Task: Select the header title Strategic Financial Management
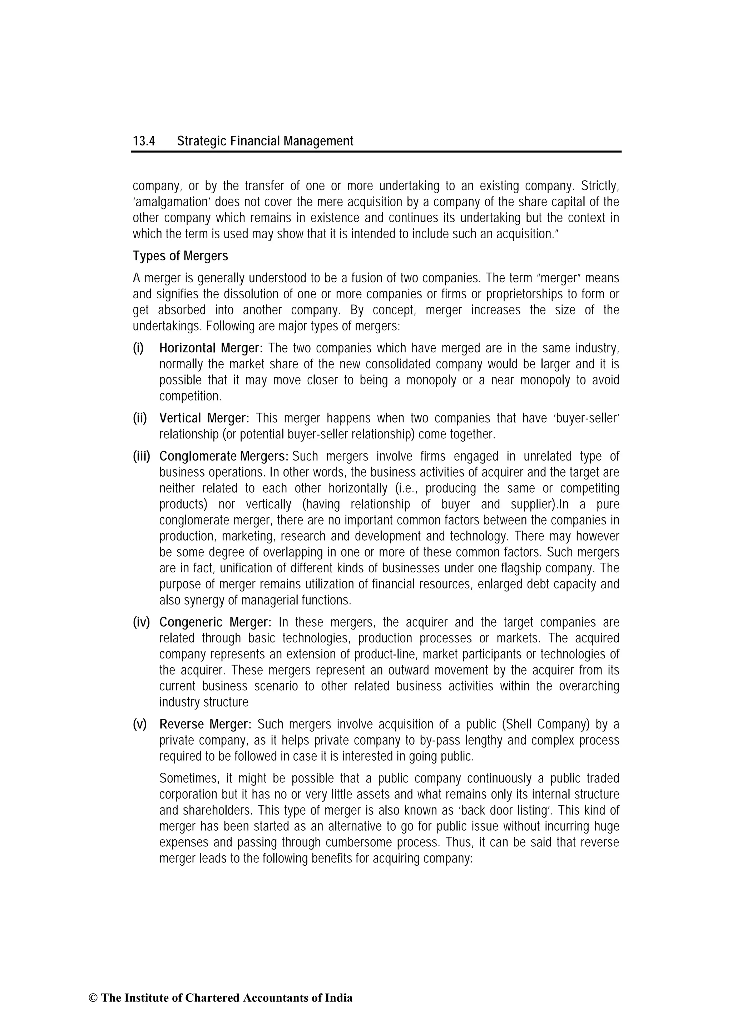[265, 141]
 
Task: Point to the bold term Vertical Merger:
[204, 418]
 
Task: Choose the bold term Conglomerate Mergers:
[224, 456]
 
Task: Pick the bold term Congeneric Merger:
[215, 622]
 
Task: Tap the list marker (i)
[138, 348]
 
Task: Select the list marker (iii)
[141, 456]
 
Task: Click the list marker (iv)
[141, 622]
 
